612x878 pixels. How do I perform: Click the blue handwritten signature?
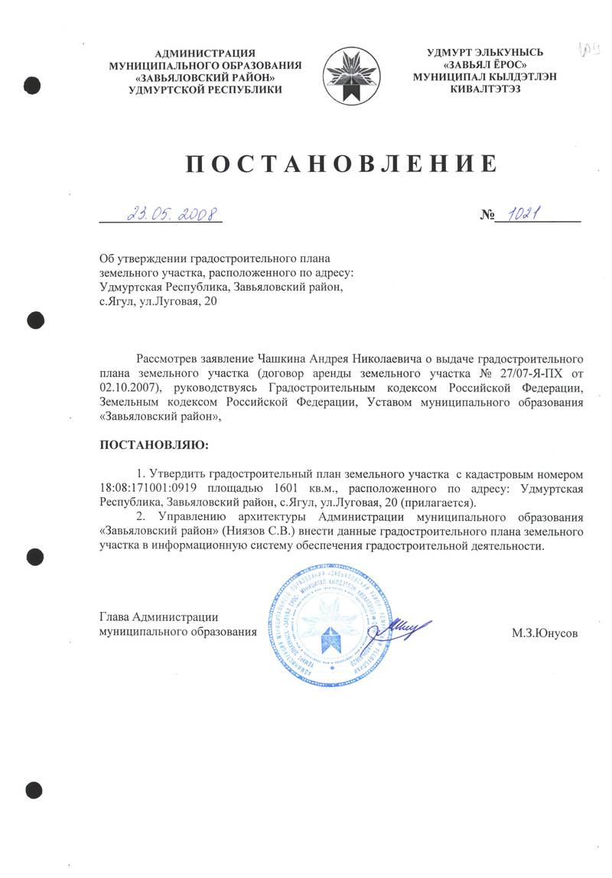tap(402, 629)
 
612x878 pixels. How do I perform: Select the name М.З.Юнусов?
tap(545, 633)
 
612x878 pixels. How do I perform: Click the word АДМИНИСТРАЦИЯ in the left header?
tap(205, 53)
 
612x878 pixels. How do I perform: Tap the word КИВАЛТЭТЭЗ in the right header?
tap(485, 89)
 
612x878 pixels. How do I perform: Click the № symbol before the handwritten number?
tap(487, 216)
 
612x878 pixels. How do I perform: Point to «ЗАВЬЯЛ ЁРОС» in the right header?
tap(485, 64)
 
